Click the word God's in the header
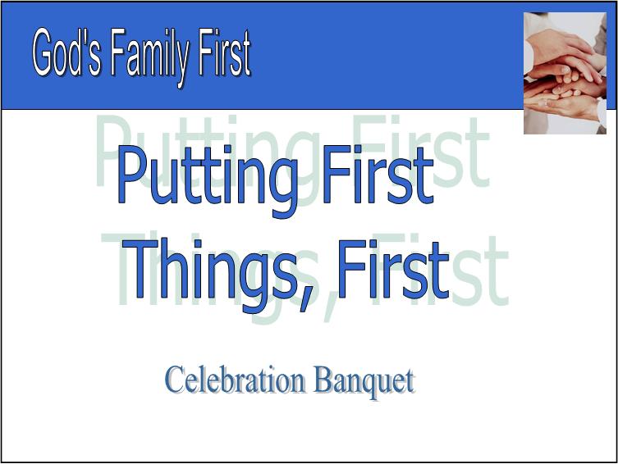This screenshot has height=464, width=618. pyautogui.click(x=67, y=55)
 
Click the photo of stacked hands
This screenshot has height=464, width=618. pyautogui.click(x=565, y=72)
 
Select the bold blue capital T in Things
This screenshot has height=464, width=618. pyautogui.click(x=147, y=271)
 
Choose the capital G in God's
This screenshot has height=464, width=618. pyautogui.click(x=43, y=55)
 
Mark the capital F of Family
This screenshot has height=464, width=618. pyautogui.click(x=111, y=55)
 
